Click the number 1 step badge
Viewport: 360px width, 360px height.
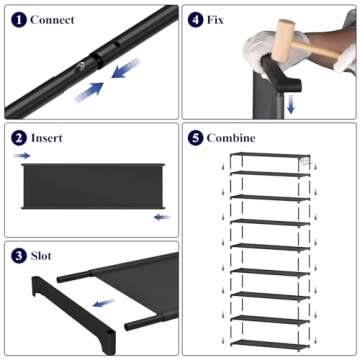click(18, 19)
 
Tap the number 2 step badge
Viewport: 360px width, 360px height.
click(18, 137)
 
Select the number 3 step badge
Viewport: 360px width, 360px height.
click(18, 256)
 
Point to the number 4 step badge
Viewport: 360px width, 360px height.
click(195, 19)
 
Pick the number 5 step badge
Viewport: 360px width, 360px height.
click(195, 137)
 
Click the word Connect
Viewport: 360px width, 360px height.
click(52, 19)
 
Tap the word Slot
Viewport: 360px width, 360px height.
click(43, 256)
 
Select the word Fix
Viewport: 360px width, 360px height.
click(215, 19)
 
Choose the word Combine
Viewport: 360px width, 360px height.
click(232, 137)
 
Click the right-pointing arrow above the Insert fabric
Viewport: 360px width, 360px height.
click(22, 157)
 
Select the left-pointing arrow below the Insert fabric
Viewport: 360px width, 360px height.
click(161, 215)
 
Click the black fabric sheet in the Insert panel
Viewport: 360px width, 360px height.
click(91, 186)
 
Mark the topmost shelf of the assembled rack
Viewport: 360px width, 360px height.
click(268, 157)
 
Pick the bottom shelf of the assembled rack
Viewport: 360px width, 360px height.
click(268, 337)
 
